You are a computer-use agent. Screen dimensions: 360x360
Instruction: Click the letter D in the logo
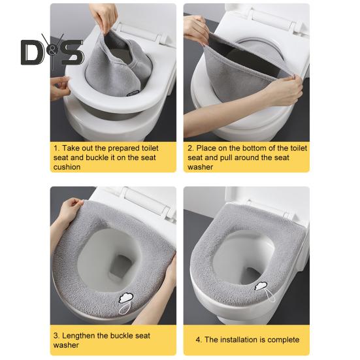pos(33,52)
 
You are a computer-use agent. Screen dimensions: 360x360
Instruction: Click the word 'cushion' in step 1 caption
pos(67,167)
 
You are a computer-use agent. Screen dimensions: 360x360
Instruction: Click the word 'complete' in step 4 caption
pos(282,340)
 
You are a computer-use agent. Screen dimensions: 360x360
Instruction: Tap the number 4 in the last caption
pos(199,340)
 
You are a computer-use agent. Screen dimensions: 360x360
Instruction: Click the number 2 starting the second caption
pos(190,148)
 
